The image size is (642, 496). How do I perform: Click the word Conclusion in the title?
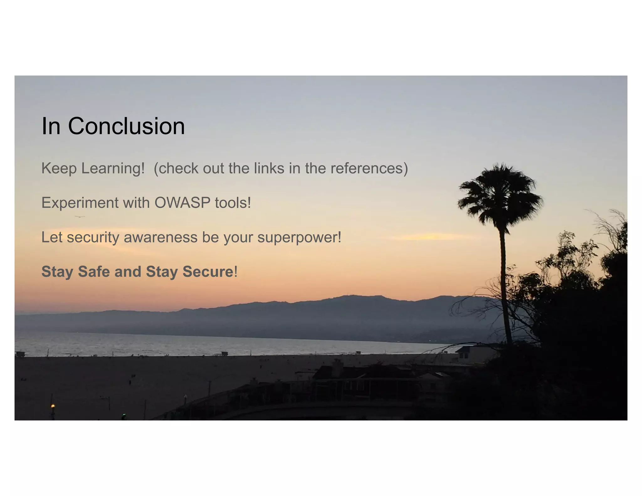126,126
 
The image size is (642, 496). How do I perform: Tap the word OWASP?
182,203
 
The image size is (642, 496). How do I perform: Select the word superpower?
299,237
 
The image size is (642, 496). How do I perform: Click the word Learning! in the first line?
113,168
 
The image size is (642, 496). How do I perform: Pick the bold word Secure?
208,272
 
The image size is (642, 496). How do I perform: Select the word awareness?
160,237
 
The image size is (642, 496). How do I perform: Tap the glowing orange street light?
53,406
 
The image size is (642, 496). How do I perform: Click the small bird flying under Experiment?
80,217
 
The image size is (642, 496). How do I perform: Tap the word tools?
233,203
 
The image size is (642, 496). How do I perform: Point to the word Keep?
59,168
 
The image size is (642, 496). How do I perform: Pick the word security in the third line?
93,237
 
